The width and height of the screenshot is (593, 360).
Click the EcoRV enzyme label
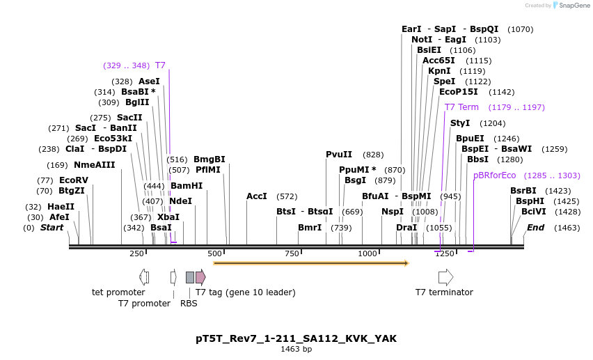click(x=74, y=180)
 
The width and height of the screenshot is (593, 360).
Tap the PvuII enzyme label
click(x=339, y=155)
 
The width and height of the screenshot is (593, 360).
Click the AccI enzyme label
click(x=257, y=196)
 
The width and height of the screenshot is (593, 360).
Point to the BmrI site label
click(x=310, y=228)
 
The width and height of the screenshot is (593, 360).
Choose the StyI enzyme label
click(x=460, y=123)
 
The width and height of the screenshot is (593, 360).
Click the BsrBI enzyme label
click(x=523, y=190)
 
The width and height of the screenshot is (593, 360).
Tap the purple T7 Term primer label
click(x=461, y=107)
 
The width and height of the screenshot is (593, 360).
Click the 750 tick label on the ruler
click(x=292, y=253)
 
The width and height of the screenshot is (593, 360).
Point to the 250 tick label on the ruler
click(x=137, y=253)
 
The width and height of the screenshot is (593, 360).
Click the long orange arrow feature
click(x=310, y=263)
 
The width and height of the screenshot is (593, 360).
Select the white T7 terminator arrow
click(x=445, y=277)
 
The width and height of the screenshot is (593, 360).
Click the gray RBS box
click(x=189, y=277)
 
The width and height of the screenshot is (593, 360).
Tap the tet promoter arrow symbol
click(x=144, y=277)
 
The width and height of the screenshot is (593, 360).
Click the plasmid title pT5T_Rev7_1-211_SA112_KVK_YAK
click(x=296, y=338)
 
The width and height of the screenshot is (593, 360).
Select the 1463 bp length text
click(x=296, y=350)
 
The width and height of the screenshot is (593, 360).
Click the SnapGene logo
click(x=571, y=6)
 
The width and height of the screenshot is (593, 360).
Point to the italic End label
click(x=535, y=228)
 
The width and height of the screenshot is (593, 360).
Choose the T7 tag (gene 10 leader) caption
click(x=245, y=292)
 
